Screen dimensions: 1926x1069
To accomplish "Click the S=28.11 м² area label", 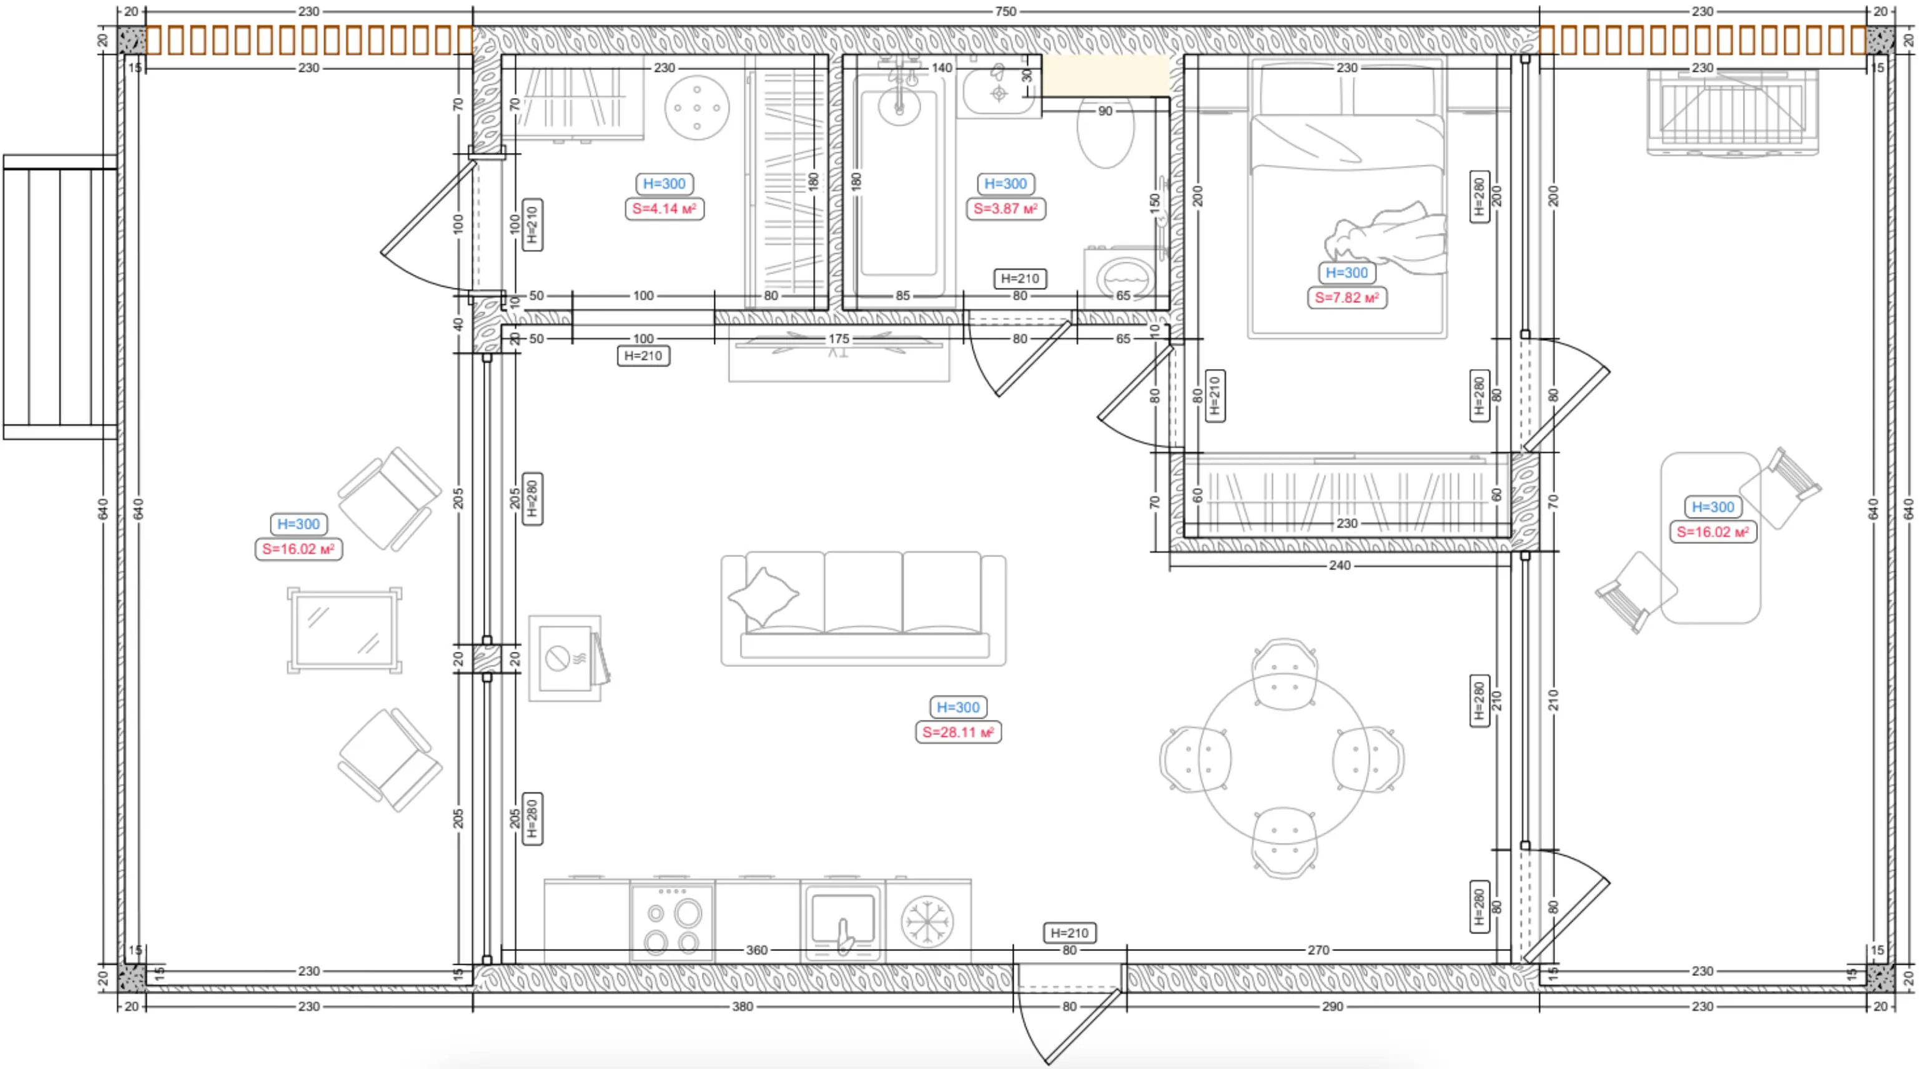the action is [958, 732].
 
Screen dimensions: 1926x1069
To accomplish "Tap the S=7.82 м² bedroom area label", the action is [1346, 297].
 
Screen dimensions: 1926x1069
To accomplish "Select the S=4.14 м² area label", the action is [664, 209].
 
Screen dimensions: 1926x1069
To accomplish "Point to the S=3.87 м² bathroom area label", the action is [1005, 209].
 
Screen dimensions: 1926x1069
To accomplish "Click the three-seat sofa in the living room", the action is [864, 609].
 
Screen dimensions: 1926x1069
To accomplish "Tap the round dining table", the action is [1284, 759].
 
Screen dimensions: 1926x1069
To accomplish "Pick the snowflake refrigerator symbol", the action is [927, 921].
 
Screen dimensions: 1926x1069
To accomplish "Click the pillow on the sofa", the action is [763, 596].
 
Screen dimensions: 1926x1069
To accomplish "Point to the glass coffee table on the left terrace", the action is [345, 630].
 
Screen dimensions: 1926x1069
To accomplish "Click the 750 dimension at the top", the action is [1005, 11].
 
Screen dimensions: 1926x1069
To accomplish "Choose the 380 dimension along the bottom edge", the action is [743, 1006].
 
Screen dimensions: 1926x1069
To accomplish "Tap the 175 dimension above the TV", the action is [838, 338].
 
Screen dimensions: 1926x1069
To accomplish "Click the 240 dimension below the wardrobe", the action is [1339, 565].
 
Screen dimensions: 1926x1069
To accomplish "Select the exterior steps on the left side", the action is [60, 297].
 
